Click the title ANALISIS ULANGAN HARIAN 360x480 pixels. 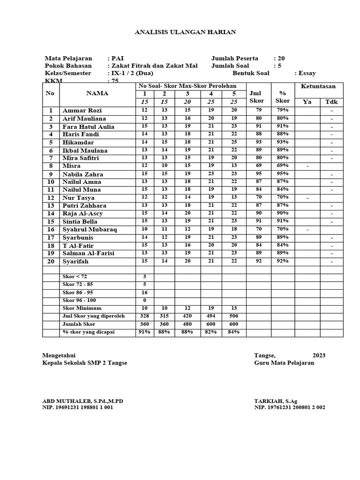tap(185, 32)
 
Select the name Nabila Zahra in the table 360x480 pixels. tap(83, 174)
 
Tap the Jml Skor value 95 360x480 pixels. tap(259, 174)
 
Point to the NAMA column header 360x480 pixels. tap(97, 93)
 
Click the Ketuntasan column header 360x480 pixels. tap(318, 87)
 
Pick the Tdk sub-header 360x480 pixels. tap(331, 102)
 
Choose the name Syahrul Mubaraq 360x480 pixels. tap(90, 230)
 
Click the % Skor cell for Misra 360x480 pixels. tap(283, 166)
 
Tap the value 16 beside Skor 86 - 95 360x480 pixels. tap(144, 292)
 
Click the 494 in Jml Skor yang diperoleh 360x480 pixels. tap(211, 316)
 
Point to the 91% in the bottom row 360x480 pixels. tap(144, 332)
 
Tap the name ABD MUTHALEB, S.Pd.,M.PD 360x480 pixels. tap(83, 401)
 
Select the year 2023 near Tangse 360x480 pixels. tap(319, 355)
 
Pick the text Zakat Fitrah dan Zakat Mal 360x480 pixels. tap(155, 66)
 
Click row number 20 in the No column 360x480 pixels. tap(50, 262)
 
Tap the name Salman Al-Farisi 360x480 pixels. tap(88, 254)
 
